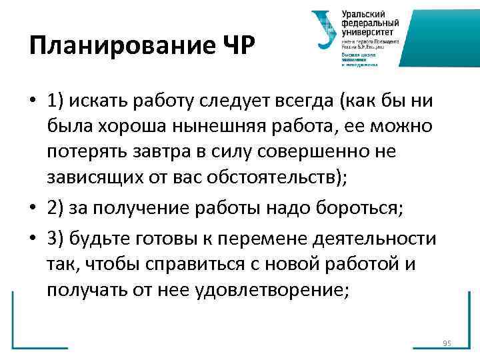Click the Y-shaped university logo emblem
point(325,29)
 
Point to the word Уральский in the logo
point(364,15)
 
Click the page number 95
point(447,343)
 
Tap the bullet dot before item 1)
point(32,102)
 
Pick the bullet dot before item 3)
point(32,239)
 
